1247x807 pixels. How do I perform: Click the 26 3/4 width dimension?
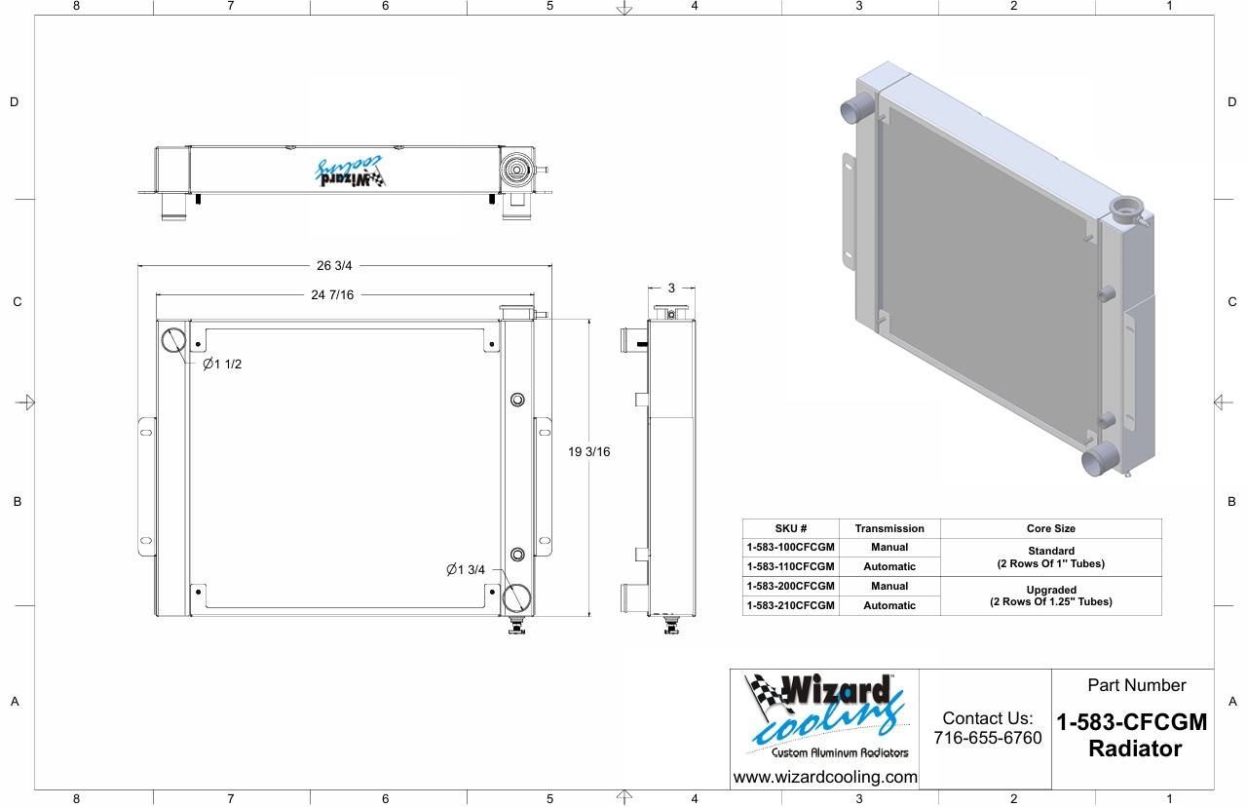click(334, 266)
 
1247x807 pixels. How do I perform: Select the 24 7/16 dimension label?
click(332, 294)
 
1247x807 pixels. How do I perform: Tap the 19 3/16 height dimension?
click(589, 451)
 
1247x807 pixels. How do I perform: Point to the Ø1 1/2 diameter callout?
click(222, 365)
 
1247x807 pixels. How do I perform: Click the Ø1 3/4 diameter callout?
click(466, 570)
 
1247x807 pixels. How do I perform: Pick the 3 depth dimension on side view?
click(671, 288)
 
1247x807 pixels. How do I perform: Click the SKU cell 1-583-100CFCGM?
click(790, 548)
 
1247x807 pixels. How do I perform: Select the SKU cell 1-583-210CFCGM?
click(790, 605)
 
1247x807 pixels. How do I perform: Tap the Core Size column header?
click(1051, 528)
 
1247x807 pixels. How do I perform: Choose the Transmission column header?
click(889, 528)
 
